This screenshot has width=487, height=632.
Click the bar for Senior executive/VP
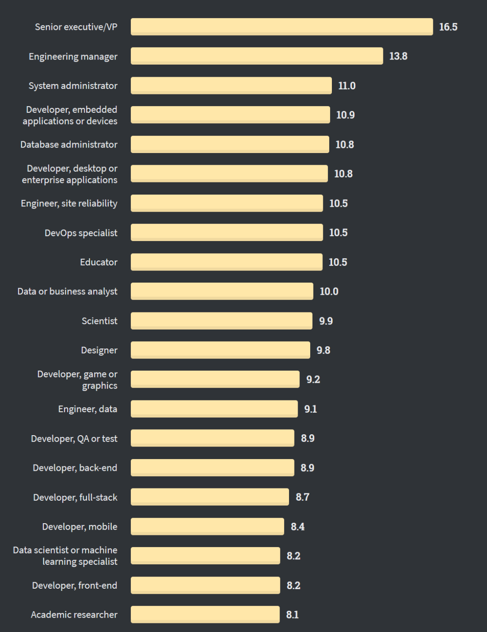[282, 27]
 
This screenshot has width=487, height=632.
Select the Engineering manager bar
[257, 56]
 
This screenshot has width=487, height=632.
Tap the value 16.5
[448, 27]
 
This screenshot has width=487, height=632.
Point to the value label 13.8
[398, 56]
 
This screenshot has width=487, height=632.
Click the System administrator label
[73, 86]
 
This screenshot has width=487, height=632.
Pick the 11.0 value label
[347, 86]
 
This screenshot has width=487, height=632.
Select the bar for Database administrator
[230, 144]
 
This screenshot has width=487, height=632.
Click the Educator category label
[99, 262]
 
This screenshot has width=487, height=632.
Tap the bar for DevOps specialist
[227, 232]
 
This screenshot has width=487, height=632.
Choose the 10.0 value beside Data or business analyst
[329, 292]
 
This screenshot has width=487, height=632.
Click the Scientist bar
[221, 321]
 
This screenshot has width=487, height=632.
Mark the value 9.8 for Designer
[323, 350]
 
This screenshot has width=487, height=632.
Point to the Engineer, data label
[87, 409]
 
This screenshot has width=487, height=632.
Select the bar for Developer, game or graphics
[215, 379]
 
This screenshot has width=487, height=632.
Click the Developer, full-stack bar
[210, 497]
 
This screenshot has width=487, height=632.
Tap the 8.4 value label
[298, 527]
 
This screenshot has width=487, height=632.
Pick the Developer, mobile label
[80, 527]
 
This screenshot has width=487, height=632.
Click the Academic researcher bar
[205, 614]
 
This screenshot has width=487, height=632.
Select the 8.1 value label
[292, 615]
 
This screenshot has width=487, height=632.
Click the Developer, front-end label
[74, 586]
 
